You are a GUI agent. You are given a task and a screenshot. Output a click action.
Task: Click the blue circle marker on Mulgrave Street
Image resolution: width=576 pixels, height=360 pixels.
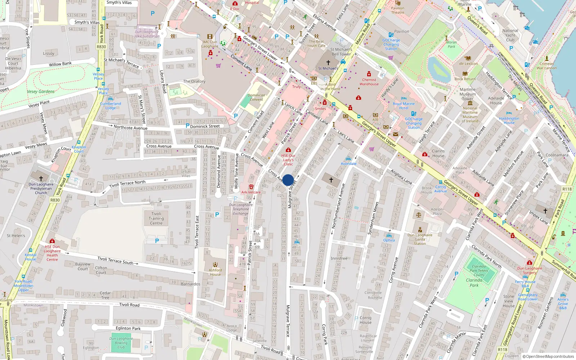click(x=288, y=180)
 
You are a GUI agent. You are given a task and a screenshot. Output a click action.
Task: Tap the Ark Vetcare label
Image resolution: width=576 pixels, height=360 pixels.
click(x=251, y=192)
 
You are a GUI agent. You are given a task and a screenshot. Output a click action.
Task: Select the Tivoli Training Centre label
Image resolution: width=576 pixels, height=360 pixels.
click(x=156, y=219)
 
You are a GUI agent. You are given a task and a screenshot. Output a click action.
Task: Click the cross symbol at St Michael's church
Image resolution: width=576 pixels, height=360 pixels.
click(x=328, y=63)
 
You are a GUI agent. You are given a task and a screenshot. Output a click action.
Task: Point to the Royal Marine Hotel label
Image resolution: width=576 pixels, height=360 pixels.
click(x=404, y=106)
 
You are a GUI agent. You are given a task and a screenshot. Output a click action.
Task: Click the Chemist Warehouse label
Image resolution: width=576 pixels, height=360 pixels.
click(x=369, y=82)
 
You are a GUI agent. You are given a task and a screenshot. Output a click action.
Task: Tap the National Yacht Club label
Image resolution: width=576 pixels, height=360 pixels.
click(x=510, y=35)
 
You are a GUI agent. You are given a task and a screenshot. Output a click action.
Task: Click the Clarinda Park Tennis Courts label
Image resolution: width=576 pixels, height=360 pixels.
click(x=479, y=271)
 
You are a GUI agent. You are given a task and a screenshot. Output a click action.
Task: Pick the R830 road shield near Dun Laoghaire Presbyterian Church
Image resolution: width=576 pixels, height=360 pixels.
click(x=55, y=200)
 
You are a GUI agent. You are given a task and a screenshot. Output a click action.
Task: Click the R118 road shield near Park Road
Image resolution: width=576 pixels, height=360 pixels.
click(x=567, y=189)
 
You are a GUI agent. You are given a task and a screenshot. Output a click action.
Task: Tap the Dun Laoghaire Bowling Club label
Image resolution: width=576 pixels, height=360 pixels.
click(x=121, y=343)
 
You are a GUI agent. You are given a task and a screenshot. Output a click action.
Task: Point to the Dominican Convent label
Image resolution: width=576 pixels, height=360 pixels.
click(x=256, y=98)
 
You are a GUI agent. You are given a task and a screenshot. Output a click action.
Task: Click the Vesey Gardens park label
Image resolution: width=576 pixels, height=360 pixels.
click(x=41, y=91)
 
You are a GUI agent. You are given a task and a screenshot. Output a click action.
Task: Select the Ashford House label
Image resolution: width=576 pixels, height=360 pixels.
click(x=215, y=272)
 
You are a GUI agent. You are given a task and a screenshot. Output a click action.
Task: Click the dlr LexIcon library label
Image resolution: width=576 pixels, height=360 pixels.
click(x=468, y=64)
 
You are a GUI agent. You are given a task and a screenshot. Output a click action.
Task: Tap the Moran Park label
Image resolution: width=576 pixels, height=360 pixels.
click(x=451, y=44)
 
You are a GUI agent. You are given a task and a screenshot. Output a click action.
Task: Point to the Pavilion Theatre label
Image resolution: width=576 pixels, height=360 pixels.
click(x=397, y=10)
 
